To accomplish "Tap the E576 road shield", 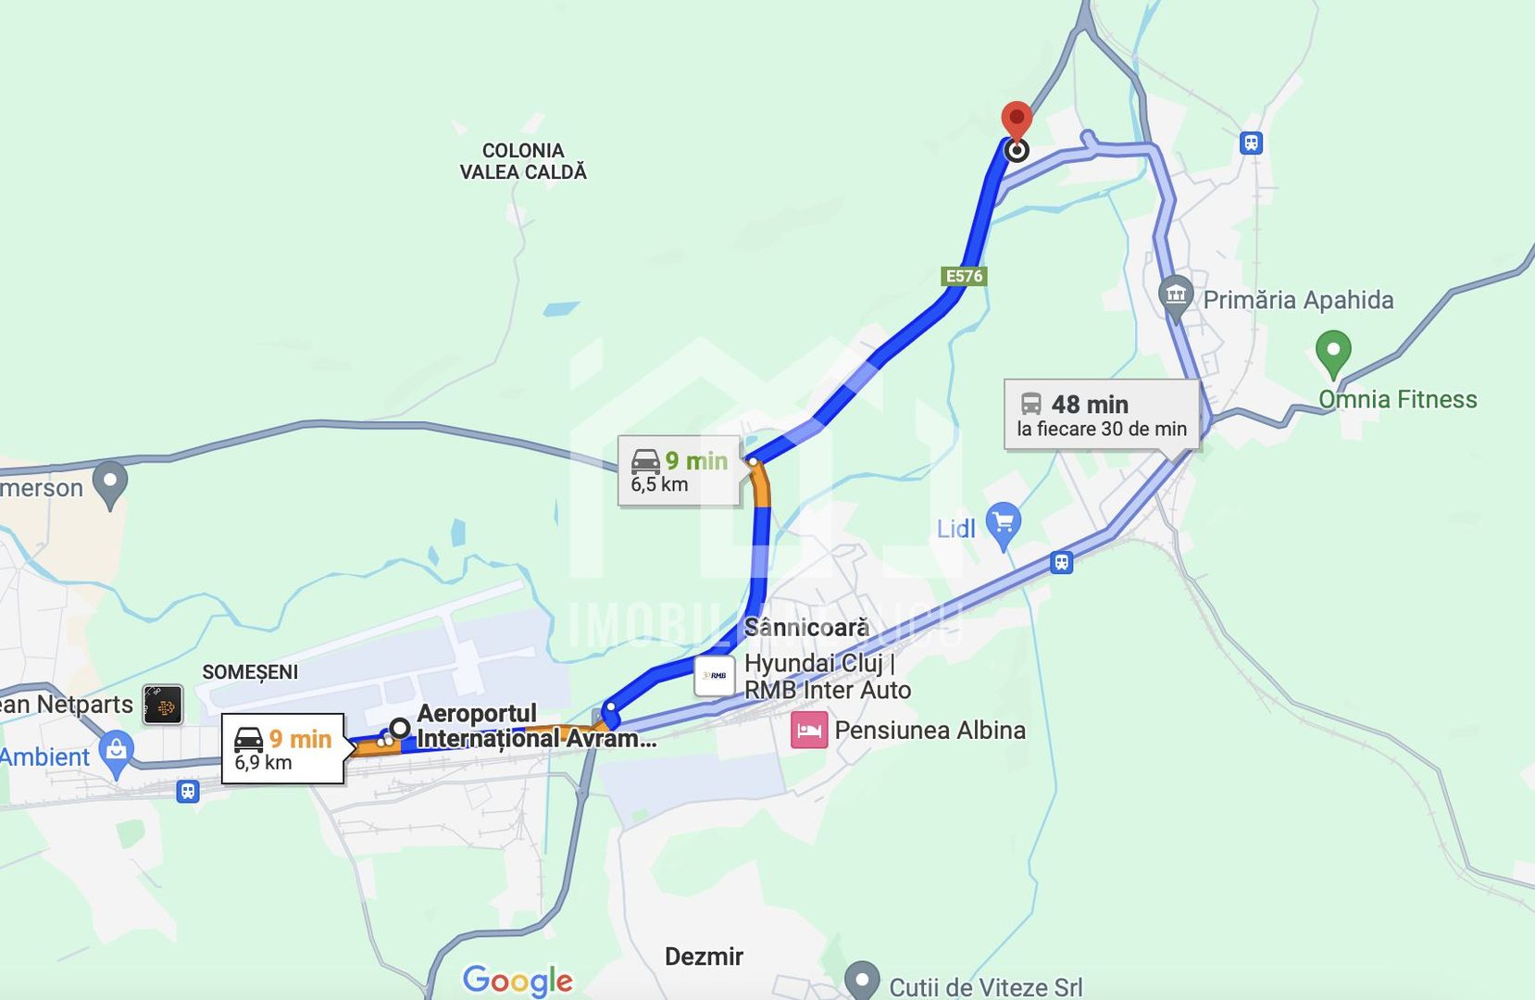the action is point(964,276).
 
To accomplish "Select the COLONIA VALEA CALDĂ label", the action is point(523,161).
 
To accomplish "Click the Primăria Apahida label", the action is point(1298,300).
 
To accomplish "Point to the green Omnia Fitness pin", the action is point(1332,353).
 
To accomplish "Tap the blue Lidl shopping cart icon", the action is point(1004,524).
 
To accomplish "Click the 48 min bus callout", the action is point(1101,415).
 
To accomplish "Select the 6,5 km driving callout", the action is point(679,471).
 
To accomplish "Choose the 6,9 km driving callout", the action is point(282,749).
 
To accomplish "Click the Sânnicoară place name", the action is point(806,628).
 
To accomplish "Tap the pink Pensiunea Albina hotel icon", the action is point(808,731).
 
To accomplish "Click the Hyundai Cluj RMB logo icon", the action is point(714,676).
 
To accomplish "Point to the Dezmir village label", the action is point(704,956).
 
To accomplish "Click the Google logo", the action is point(518,980).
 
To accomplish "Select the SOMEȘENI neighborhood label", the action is point(250,672).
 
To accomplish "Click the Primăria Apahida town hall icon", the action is point(1175,296).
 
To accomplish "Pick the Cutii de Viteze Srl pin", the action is point(862,979).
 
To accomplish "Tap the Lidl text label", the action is point(956,529).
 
